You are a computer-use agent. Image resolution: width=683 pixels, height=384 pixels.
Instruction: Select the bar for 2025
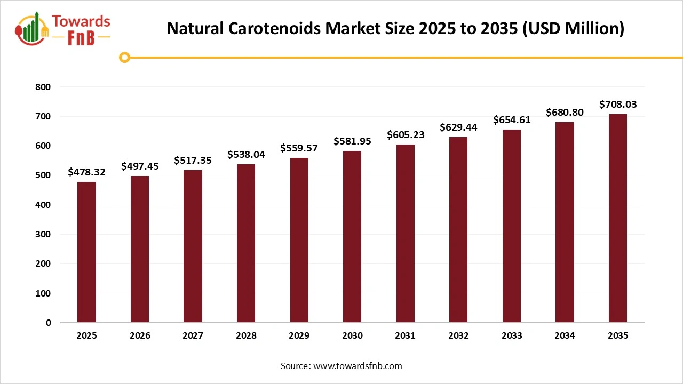[86, 252]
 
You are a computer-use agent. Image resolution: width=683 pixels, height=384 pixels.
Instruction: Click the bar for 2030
[352, 237]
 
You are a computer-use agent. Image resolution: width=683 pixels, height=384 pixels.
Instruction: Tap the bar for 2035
[618, 218]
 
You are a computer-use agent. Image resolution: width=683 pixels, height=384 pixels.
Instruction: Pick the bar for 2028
[246, 243]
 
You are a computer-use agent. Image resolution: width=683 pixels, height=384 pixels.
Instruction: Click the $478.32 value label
[86, 172]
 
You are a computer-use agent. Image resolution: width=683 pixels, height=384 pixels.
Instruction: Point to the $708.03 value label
[618, 104]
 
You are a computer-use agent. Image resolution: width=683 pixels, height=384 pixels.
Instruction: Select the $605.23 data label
[406, 135]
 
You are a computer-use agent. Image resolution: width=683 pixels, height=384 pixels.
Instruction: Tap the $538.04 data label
[246, 155]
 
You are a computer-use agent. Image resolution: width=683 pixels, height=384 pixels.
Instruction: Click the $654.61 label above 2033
[512, 120]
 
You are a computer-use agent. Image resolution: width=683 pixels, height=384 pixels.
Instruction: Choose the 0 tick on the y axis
[49, 323]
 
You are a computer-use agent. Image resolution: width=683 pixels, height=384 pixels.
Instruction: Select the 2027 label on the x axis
[193, 336]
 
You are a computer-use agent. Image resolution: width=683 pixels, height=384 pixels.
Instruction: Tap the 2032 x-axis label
[458, 336]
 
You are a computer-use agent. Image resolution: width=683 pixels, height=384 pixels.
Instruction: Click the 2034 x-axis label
[565, 336]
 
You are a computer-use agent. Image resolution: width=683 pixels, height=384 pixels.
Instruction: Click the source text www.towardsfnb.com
[357, 366]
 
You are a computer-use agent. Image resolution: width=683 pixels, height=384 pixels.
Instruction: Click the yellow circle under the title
[125, 57]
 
